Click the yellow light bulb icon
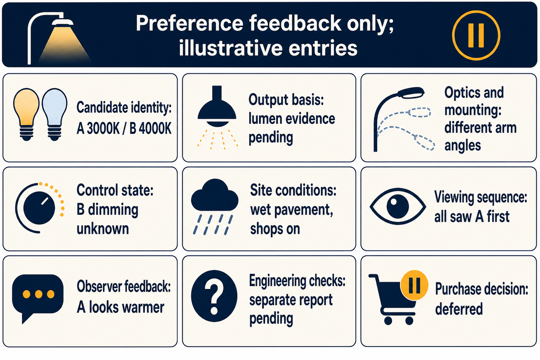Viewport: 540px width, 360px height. tap(26, 115)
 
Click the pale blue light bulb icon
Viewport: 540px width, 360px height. tap(54, 115)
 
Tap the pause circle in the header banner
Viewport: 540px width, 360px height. tap(476, 35)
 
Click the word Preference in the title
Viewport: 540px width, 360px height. tap(189, 23)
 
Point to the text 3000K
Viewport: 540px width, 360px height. tap(103, 128)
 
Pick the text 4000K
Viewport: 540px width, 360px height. tap(155, 128)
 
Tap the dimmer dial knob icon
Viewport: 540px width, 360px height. tap(40, 208)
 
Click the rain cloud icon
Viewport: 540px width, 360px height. tap(214, 207)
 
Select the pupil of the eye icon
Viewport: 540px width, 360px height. tap(397, 207)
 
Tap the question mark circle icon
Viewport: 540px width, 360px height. tap(214, 296)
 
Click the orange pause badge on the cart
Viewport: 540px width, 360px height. tap(414, 285)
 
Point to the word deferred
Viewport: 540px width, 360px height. tap(459, 309)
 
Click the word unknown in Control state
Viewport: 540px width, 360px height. tap(103, 229)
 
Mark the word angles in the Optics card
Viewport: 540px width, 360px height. tap(463, 146)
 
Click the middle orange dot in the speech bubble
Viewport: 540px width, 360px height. tap(39, 294)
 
